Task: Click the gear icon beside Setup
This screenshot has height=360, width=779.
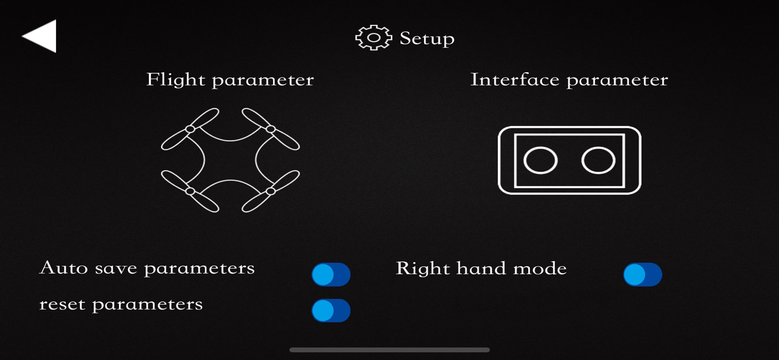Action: coord(374,38)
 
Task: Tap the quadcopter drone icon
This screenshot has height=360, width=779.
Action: coord(230,160)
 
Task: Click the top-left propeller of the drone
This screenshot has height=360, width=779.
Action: coord(190,129)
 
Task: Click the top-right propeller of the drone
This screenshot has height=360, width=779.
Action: coord(271,129)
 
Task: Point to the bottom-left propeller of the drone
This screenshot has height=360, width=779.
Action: coord(190,191)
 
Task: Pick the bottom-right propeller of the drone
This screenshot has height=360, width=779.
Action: coord(271,191)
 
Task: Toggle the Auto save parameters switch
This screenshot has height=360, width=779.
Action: coord(331,274)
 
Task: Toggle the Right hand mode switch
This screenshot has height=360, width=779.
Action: coord(643,274)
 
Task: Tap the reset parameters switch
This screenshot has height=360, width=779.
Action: coord(331,311)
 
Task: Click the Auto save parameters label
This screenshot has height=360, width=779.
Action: coord(147,268)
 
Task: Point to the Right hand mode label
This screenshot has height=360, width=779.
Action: coord(481,268)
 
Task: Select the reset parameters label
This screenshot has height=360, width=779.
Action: coord(121,305)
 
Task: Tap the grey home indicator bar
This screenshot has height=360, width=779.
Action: coord(389,350)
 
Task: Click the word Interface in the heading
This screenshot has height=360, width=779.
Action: coord(515,79)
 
